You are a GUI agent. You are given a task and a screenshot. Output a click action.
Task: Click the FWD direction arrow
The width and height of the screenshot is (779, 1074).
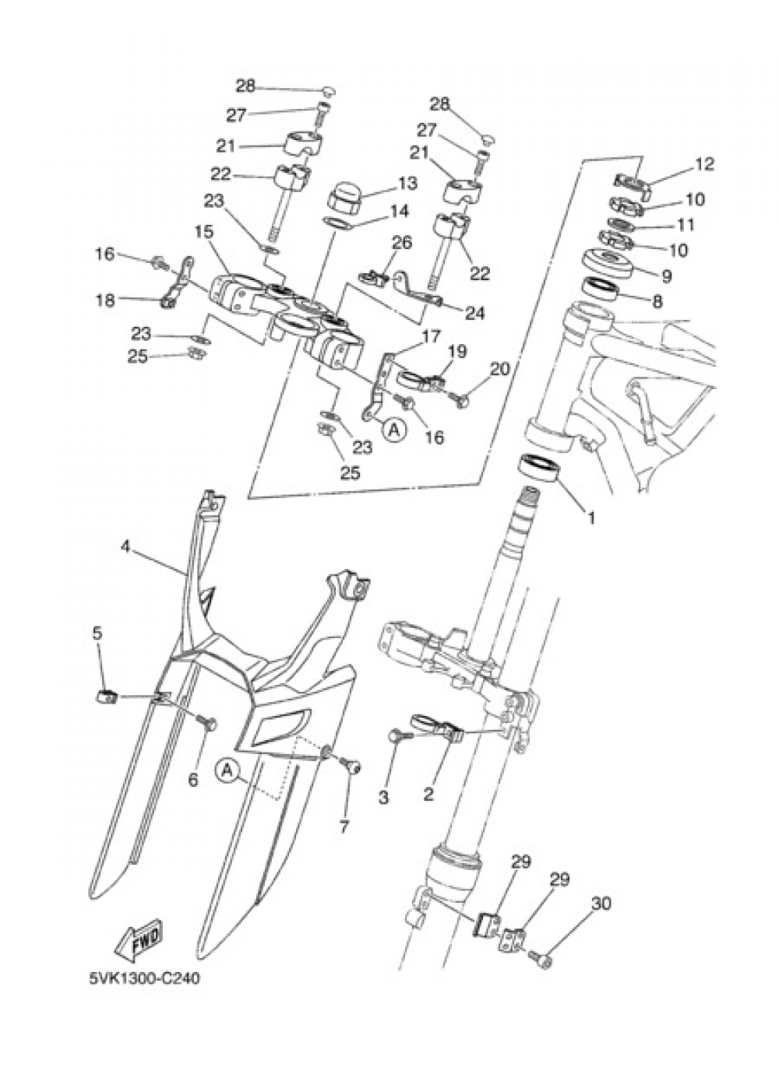[x=139, y=942]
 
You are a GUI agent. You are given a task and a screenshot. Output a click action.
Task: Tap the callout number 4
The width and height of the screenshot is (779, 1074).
[x=125, y=546]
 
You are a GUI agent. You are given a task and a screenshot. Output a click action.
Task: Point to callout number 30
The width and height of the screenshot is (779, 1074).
[x=601, y=904]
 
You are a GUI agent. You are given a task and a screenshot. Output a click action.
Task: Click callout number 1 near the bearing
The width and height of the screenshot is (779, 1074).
[x=590, y=516]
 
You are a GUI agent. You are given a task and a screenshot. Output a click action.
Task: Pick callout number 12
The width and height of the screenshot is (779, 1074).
[x=704, y=164]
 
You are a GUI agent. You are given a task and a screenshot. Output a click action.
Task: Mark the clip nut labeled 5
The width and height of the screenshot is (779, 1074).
[x=104, y=695]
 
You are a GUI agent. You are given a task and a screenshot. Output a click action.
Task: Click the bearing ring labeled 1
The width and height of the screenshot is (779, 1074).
[x=539, y=469]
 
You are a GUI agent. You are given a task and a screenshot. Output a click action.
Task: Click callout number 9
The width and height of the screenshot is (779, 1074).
[x=665, y=276]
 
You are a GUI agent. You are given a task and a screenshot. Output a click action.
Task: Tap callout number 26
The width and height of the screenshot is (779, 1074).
[x=401, y=244]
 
